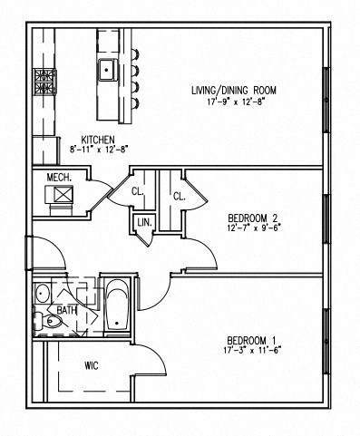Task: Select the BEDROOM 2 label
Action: point(251,217)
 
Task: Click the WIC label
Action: point(91,366)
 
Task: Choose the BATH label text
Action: point(66,310)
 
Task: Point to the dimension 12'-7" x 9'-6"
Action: point(251,228)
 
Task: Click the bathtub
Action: point(117,307)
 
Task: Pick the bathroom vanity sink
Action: point(41,293)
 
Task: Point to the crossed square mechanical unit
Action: point(63,194)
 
